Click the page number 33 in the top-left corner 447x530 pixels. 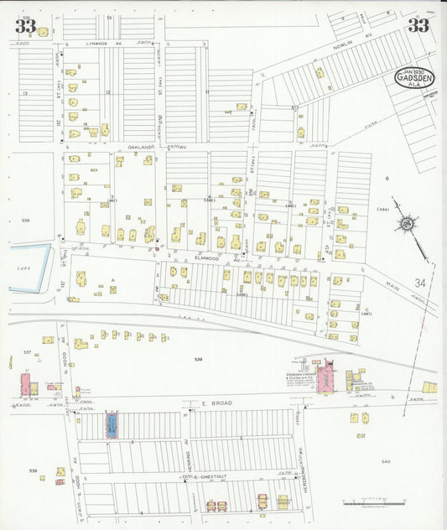(x=25, y=26)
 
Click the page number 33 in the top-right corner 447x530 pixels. (x=418, y=25)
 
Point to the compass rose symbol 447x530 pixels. (x=407, y=223)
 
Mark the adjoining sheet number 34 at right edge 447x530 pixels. (x=419, y=284)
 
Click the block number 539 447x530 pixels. (x=198, y=360)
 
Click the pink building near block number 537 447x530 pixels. (x=25, y=385)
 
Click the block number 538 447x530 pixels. (x=33, y=471)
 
